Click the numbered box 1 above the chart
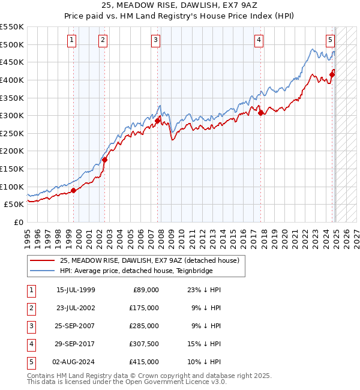pos(71,40)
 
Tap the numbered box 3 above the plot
pos(155,40)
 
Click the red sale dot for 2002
pos(104,160)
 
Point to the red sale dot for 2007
pos(157,121)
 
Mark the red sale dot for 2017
pos(260,113)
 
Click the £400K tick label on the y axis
pos(12,80)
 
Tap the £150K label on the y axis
pos(12,169)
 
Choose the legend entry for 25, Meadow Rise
pos(149,260)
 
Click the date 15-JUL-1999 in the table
pos(76,290)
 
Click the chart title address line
pos(179,7)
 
